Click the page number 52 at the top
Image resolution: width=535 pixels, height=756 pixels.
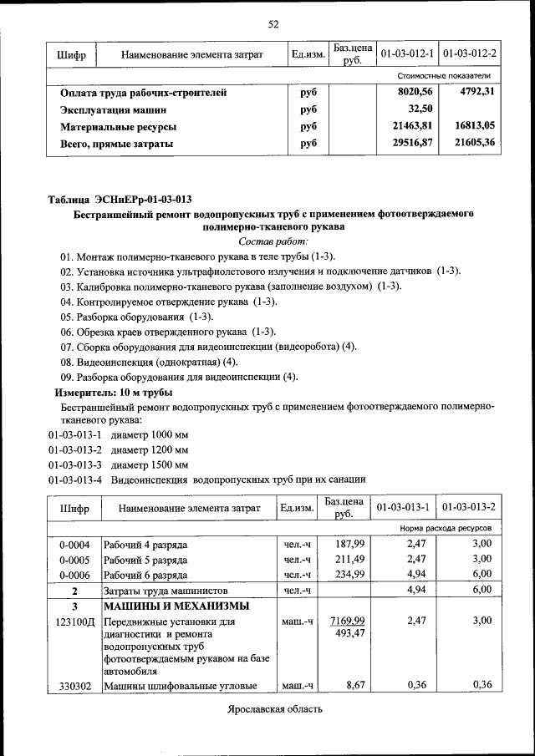pos(273,23)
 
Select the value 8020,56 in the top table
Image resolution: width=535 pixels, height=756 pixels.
pos(415,92)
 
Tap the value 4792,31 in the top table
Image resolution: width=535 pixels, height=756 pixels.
pos(477,91)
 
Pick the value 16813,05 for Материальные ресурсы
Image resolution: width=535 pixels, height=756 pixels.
pos(474,126)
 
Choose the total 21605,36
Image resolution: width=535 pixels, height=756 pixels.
pos(474,143)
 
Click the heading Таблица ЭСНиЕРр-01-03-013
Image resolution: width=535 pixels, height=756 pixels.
pos(120,199)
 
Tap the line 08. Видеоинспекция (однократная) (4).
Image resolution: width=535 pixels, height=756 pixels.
pos(149,362)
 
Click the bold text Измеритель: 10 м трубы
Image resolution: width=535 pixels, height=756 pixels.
pos(114,392)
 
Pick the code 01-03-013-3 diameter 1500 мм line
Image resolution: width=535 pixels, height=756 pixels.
pos(118,464)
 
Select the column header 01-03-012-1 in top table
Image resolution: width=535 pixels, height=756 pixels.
pos(407,54)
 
